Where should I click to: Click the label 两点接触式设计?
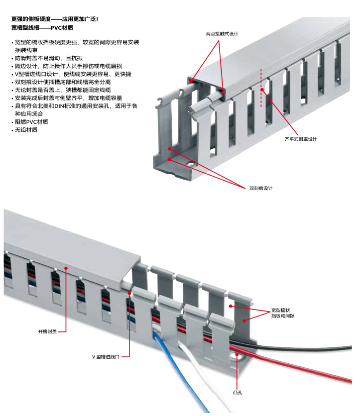click(222, 34)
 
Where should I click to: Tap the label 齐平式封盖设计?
click(300, 139)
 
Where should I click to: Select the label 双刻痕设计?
click(261, 188)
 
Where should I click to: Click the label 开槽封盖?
click(47, 331)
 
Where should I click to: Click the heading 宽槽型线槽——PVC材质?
click(42, 27)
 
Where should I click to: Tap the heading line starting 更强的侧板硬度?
click(55, 19)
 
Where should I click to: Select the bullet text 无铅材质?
click(26, 130)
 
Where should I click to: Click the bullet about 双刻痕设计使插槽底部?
click(62, 82)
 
